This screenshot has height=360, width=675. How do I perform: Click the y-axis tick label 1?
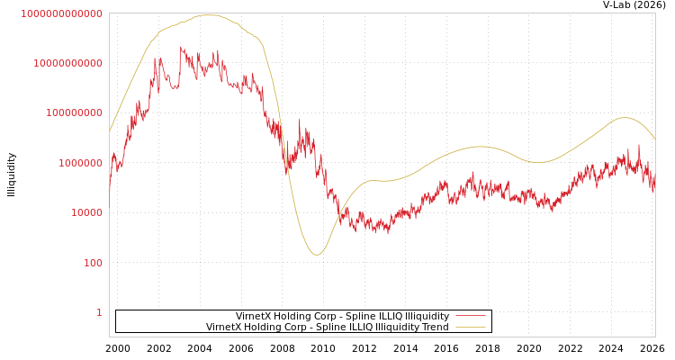pos(99,312)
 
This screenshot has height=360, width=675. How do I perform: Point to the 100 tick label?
pos(93,263)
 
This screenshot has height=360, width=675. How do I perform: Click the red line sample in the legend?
pos(471,317)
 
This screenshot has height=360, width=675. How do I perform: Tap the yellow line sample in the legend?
pos(471,328)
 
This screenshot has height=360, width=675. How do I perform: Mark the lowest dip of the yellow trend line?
pos(316,255)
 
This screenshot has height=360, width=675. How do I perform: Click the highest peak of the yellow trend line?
pos(209,14)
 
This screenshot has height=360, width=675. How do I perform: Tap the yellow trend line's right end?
pos(654,139)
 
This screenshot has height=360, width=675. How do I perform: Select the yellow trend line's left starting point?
pos(110,131)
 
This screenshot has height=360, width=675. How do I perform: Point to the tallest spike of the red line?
pos(180,47)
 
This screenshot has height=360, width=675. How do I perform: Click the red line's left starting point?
pos(110,192)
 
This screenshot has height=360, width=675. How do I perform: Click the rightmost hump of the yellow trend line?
pos(625,117)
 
